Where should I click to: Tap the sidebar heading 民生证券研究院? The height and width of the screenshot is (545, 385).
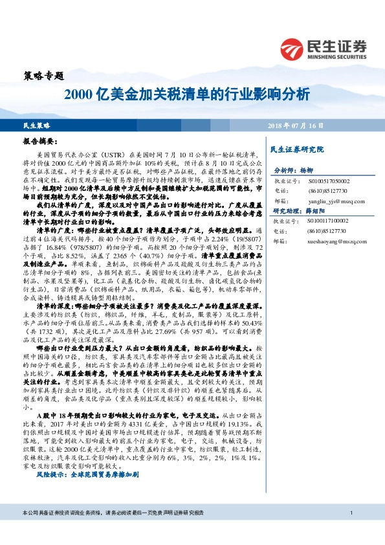pyautogui.click(x=297, y=150)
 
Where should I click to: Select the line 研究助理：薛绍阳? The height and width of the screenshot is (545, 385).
pyautogui.click(x=296, y=212)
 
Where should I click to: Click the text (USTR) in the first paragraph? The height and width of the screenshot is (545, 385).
pyautogui.click(x=120, y=155)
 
